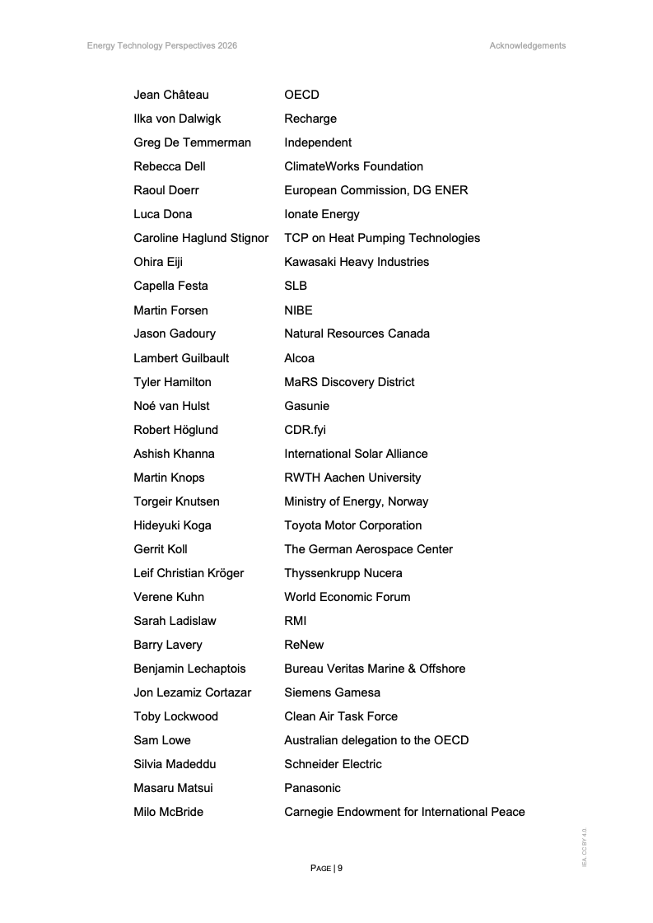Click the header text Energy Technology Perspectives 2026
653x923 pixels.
tap(162, 46)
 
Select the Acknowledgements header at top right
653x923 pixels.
tap(527, 46)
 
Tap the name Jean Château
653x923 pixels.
tap(171, 95)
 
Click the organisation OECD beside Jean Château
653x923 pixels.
tap(301, 95)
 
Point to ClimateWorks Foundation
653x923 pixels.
tap(353, 166)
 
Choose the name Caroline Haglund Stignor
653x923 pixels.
tap(201, 238)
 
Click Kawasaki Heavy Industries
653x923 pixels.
tap(357, 262)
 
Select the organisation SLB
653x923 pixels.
tap(296, 286)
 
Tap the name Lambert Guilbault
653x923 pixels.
tap(181, 358)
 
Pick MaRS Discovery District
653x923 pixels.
tap(349, 382)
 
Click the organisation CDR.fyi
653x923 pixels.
tap(305, 430)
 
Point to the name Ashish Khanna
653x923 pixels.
tap(174, 454)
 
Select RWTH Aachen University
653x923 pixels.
tap(352, 478)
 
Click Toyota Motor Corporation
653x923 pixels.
tap(352, 525)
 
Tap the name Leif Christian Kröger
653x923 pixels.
tap(189, 573)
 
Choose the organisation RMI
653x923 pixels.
tap(296, 621)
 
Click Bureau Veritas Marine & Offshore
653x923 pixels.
tap(375, 669)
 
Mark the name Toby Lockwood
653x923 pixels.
tap(175, 716)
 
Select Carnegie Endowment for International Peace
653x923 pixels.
tap(404, 812)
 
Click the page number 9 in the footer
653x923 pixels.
tap(339, 868)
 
